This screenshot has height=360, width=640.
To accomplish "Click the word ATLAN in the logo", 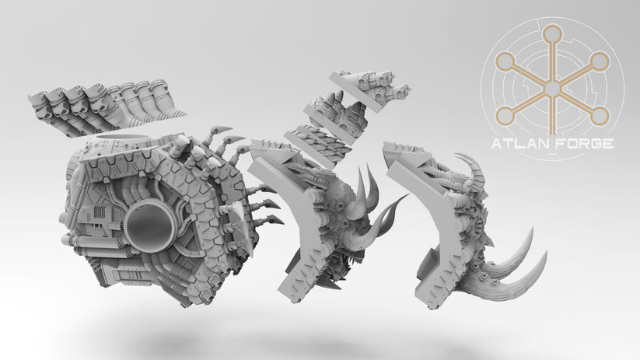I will (516, 144).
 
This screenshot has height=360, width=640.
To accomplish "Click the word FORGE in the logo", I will (586, 144).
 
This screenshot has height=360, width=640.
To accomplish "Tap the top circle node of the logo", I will (552, 33).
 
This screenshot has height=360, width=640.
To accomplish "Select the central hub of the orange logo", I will (552, 89).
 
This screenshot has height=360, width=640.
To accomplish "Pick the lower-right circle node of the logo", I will (600, 117).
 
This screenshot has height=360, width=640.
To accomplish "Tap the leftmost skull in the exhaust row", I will (38, 101).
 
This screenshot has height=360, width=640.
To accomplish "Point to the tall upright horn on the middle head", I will (362, 187).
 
